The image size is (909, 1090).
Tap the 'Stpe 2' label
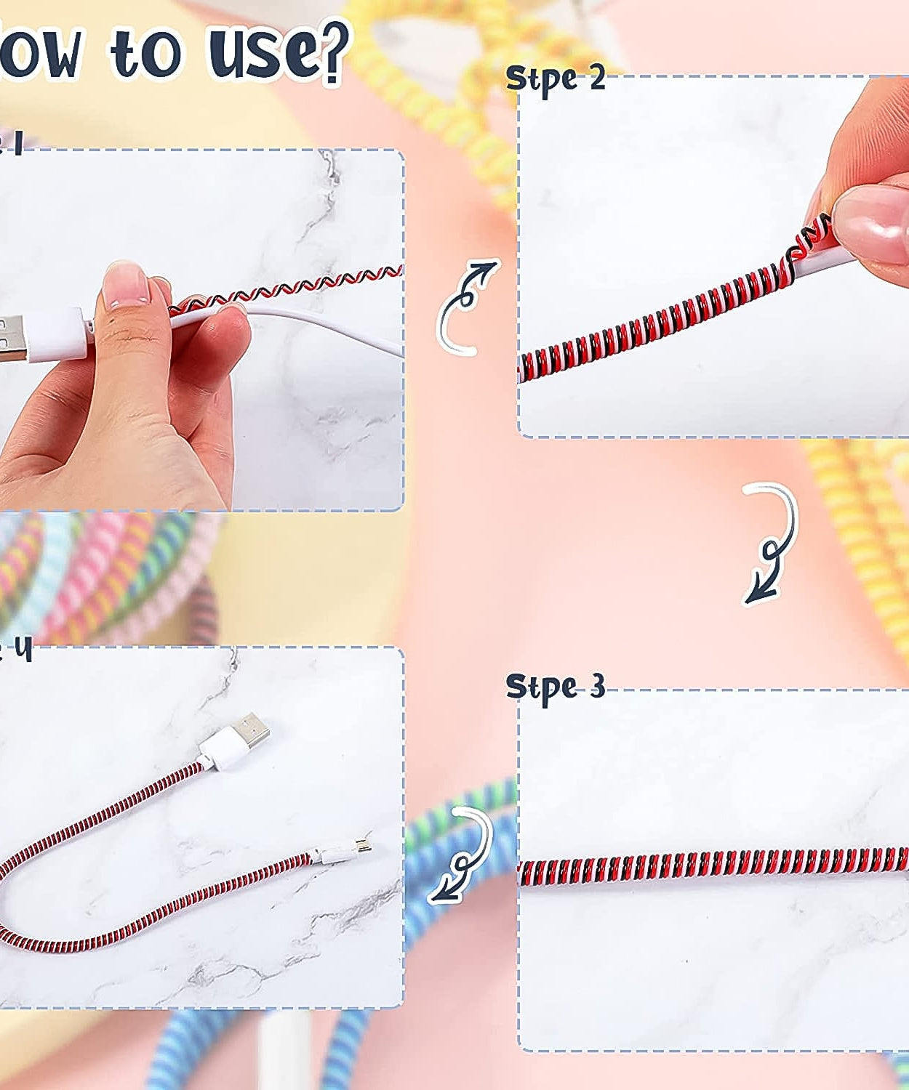coord(555,78)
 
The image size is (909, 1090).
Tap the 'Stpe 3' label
coord(555,686)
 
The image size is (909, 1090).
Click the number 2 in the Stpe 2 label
coord(597,77)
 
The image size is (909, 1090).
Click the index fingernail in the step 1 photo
coord(121,284)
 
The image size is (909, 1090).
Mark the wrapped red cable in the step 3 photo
coord(713,862)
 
